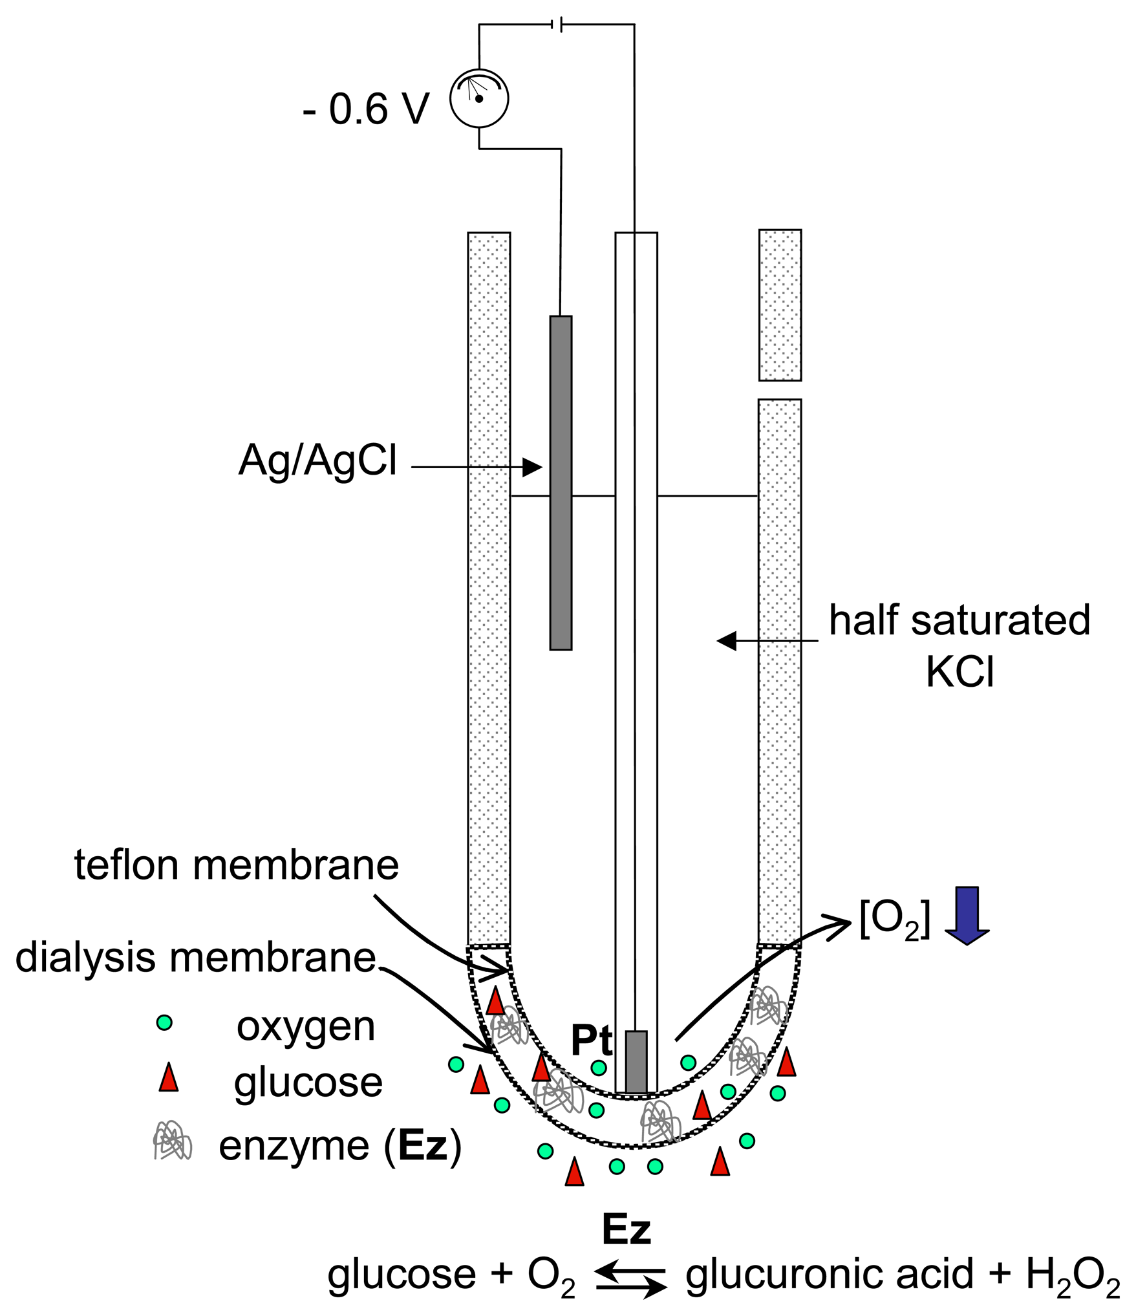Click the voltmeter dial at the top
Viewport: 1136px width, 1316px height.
pos(479,98)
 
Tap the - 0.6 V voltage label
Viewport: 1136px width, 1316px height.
pos(365,109)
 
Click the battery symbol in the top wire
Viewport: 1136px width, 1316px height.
pos(557,25)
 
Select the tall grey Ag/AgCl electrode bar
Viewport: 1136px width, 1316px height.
pos(561,482)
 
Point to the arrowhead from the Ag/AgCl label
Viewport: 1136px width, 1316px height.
pos(533,467)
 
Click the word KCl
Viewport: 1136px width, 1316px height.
pos(959,673)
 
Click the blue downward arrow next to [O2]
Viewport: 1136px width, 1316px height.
pos(967,916)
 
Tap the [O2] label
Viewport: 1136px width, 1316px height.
pos(895,919)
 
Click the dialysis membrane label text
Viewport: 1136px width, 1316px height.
pos(195,957)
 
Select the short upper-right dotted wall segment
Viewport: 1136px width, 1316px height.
pos(780,305)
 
